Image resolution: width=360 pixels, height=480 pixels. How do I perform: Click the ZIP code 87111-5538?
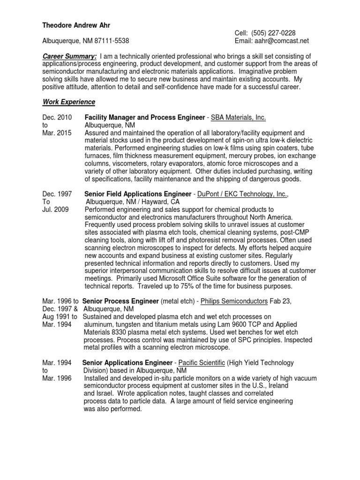112,41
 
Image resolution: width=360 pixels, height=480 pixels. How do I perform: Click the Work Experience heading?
69,102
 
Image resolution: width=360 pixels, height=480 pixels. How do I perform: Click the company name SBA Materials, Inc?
239,117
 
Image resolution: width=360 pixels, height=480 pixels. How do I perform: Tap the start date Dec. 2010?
57,117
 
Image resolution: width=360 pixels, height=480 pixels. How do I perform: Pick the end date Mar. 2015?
57,133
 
